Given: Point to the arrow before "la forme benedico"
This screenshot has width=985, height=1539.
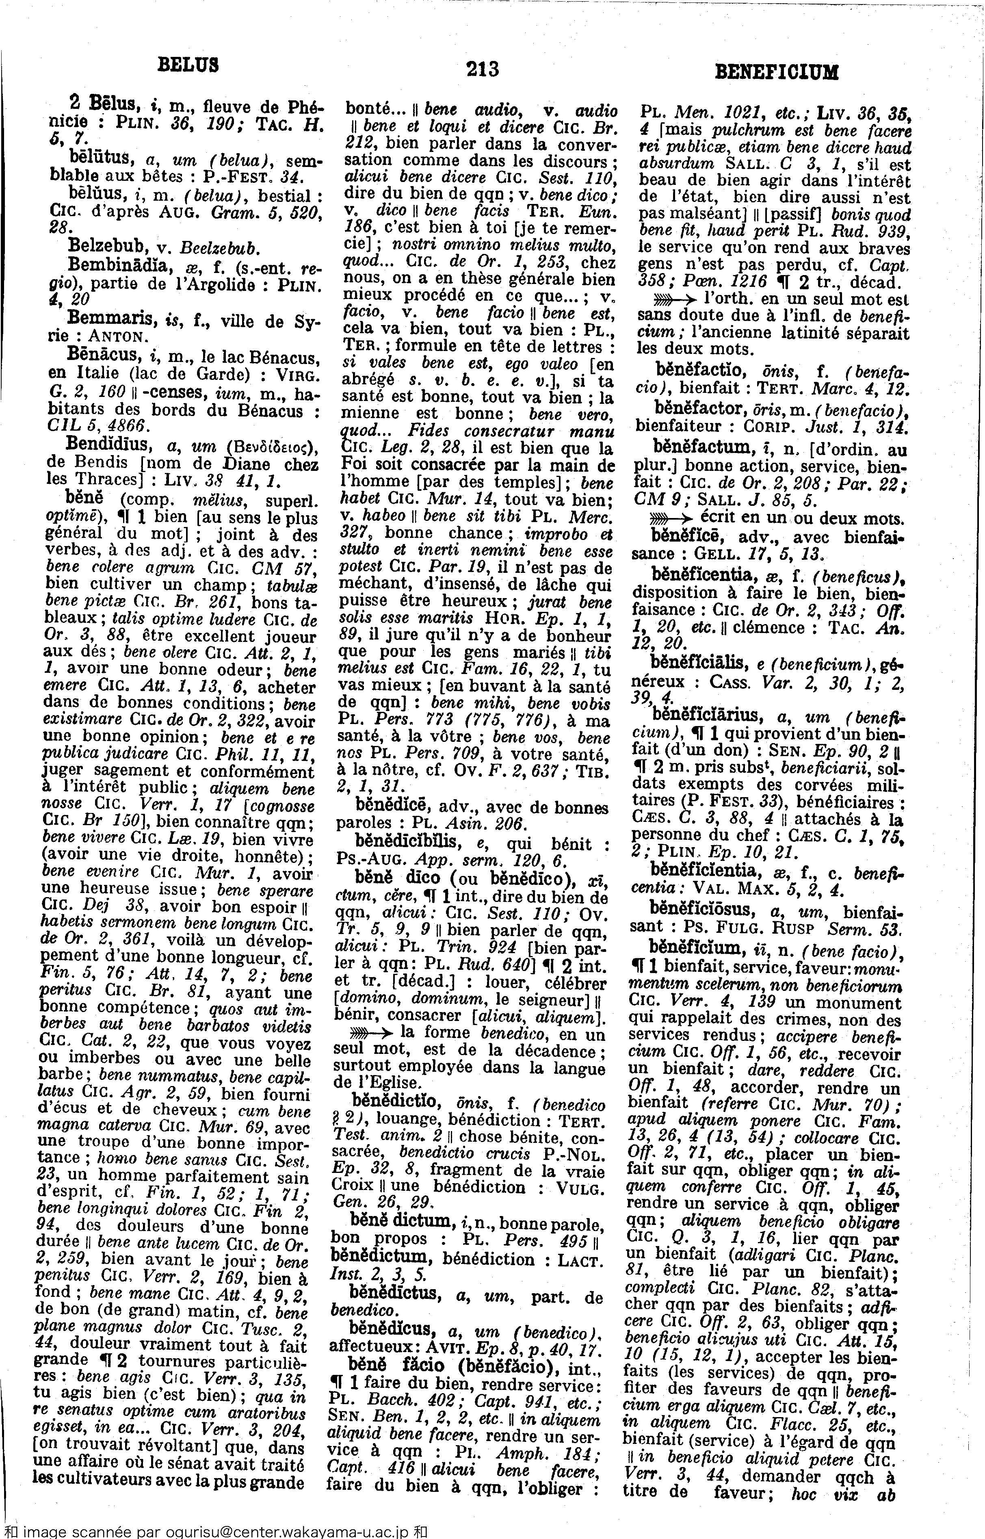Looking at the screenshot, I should pyautogui.click(x=372, y=1032).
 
